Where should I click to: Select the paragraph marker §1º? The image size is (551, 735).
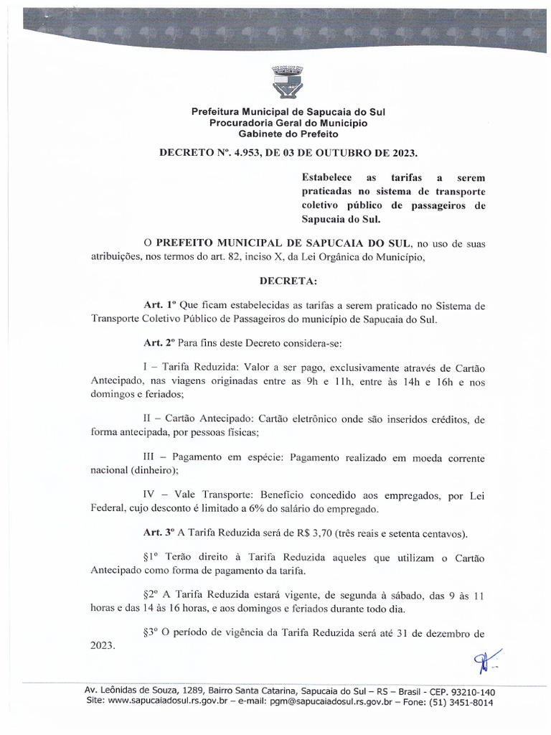[154, 557]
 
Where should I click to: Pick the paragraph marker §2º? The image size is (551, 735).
[154, 595]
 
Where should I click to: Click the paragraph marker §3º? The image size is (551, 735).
[154, 633]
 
